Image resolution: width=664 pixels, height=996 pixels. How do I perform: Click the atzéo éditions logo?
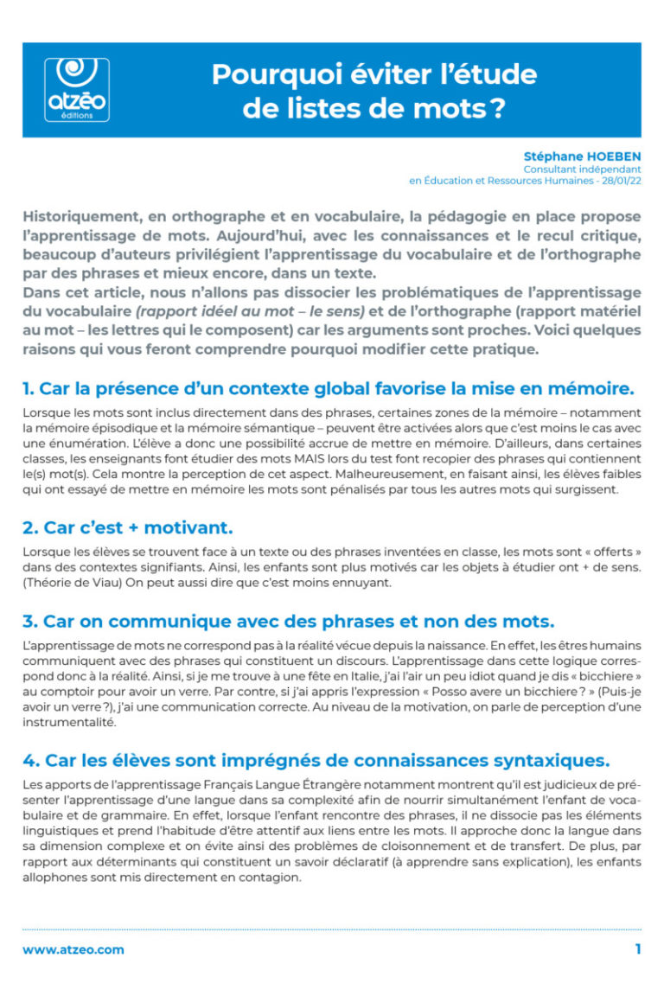coord(76,88)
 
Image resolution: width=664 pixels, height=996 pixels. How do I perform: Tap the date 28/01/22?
coord(619,181)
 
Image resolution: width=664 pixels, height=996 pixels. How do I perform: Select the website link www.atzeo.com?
coord(73,949)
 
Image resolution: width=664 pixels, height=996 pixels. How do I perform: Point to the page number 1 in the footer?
coord(637,949)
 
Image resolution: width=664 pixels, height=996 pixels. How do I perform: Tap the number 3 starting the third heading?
coord(29,622)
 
